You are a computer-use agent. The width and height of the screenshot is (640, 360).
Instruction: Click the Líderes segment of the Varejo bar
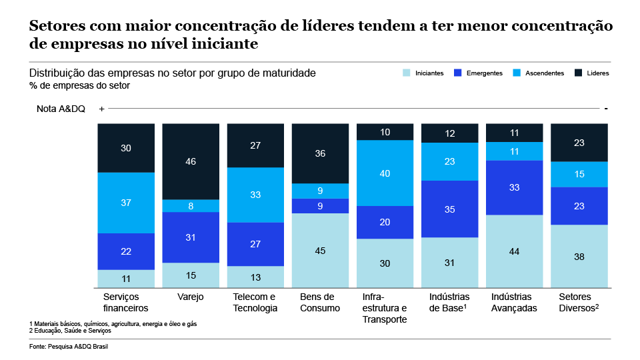(x=191, y=161)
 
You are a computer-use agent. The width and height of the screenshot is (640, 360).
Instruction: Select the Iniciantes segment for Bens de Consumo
(x=320, y=250)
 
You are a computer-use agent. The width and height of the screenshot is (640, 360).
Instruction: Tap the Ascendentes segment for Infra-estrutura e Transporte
(x=385, y=173)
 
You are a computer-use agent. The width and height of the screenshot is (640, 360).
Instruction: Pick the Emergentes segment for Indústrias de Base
(x=449, y=209)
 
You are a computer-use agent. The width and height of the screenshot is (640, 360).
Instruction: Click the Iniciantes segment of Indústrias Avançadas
(x=514, y=251)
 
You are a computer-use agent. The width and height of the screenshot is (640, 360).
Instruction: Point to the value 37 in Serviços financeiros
(x=126, y=203)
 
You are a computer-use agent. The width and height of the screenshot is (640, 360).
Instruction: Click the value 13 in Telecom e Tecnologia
(x=255, y=277)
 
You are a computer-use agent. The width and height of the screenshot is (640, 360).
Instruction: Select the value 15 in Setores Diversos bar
(x=579, y=174)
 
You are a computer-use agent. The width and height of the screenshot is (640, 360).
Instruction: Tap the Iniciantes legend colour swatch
(x=407, y=73)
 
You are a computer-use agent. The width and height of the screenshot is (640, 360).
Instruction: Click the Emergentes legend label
(x=485, y=73)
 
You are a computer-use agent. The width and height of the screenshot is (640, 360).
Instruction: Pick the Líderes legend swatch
(x=579, y=73)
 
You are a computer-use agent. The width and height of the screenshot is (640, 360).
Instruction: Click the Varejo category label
(x=191, y=297)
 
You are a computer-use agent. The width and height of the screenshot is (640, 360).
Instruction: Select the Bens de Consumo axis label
(x=320, y=302)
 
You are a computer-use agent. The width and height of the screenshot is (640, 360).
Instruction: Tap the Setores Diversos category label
(x=579, y=302)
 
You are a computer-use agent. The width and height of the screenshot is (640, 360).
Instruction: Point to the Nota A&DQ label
(x=61, y=109)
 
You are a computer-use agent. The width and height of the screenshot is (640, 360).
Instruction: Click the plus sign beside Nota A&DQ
(x=101, y=109)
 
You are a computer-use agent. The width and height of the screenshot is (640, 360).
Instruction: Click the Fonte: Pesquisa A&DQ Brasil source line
(x=69, y=347)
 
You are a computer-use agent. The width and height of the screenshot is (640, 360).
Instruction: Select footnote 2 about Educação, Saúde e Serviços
(x=69, y=330)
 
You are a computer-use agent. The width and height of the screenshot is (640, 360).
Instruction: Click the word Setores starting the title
(x=55, y=26)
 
